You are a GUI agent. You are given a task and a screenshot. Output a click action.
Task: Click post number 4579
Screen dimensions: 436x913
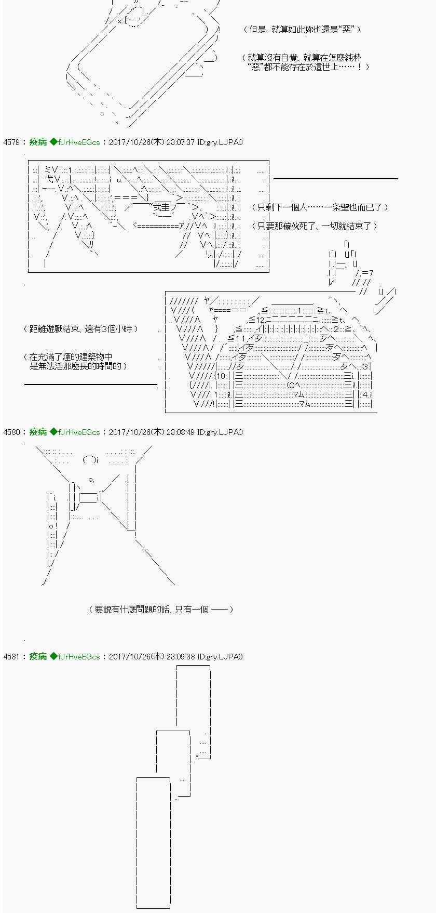coord(11,142)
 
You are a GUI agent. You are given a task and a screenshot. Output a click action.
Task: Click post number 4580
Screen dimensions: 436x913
coord(11,432)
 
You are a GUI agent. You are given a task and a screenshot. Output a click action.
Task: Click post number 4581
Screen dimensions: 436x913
coord(11,657)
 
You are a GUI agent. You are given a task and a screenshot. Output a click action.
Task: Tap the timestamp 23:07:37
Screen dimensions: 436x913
coord(180,142)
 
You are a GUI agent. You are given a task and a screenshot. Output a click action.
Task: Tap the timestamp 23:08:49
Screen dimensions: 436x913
coord(180,432)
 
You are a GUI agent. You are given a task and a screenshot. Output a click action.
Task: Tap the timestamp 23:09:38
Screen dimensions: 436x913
coord(180,657)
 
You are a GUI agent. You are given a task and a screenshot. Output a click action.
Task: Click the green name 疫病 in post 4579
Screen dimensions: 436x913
coord(38,142)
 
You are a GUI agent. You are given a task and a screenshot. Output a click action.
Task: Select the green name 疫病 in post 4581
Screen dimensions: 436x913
coord(38,657)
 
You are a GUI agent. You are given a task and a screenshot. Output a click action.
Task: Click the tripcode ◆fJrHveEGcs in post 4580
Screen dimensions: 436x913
coord(75,432)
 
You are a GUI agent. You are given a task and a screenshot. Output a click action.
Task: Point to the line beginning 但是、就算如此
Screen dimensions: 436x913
coord(302,30)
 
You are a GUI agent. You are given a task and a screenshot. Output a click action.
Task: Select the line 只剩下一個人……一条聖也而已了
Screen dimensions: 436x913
coord(320,207)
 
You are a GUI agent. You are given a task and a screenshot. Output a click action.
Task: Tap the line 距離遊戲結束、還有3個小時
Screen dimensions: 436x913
coord(81,329)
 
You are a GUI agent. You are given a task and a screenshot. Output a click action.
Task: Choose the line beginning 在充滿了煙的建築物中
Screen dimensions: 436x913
coord(71,357)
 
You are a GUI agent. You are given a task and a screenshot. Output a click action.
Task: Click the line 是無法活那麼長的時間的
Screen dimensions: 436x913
coord(79,366)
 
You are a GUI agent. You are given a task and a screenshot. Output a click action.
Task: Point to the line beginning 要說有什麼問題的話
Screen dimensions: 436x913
coord(161,610)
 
